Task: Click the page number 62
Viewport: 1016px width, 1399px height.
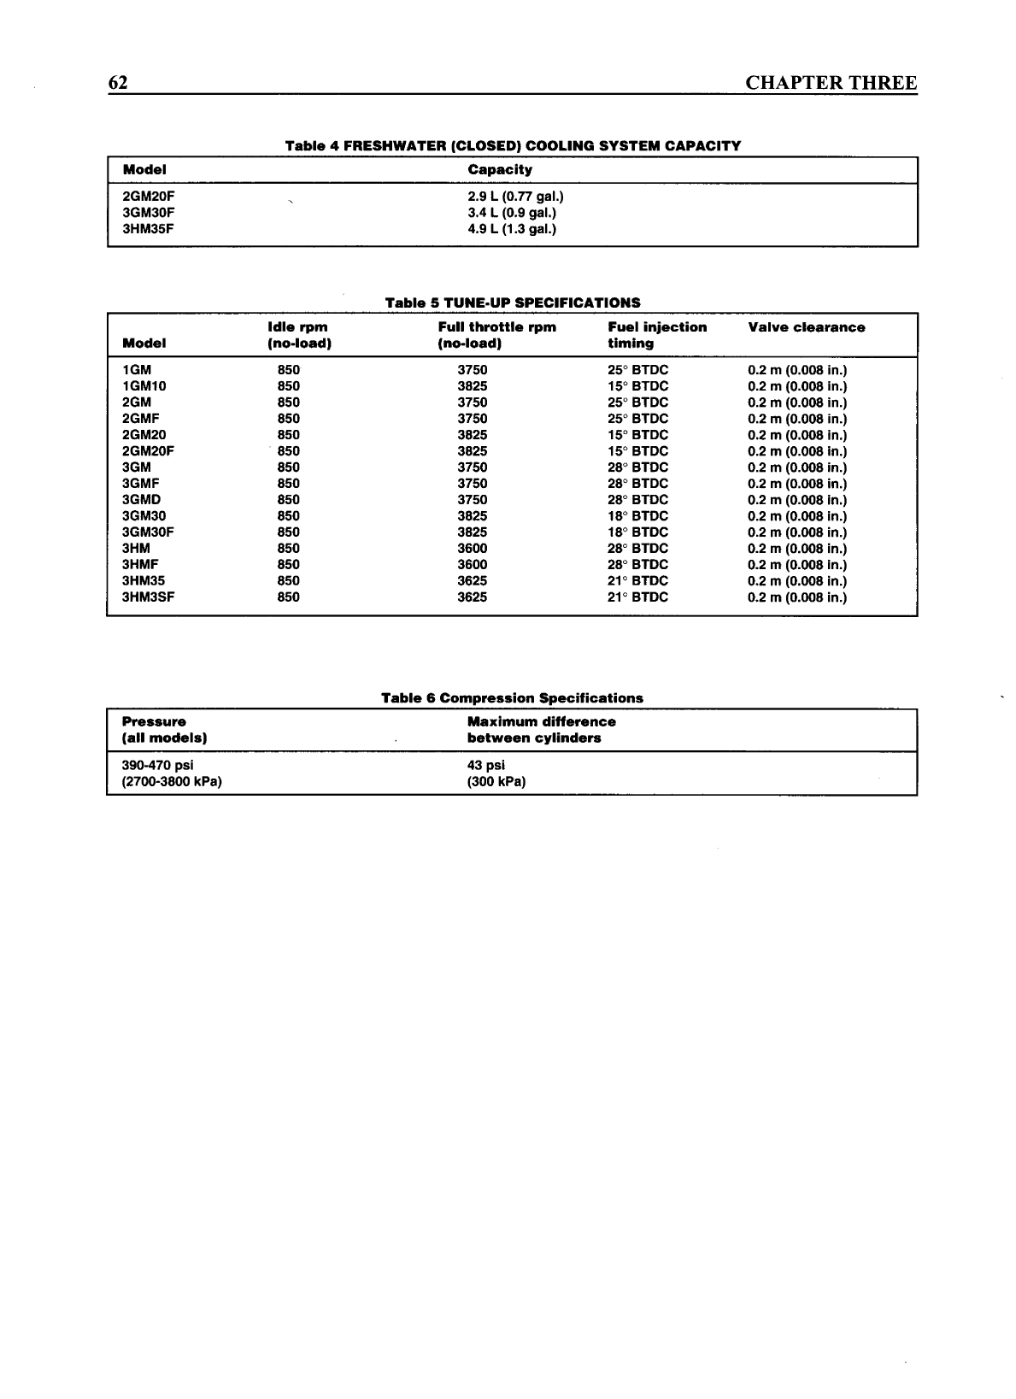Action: tap(118, 83)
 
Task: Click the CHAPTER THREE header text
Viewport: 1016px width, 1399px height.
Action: tap(831, 83)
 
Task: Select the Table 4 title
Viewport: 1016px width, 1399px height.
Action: tap(513, 145)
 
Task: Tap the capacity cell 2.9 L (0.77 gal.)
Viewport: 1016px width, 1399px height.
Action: tap(515, 197)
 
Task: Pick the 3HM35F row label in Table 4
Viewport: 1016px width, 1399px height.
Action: tap(149, 229)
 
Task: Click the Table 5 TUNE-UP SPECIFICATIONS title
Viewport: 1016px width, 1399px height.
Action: tap(513, 303)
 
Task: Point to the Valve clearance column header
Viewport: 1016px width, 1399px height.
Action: tap(806, 327)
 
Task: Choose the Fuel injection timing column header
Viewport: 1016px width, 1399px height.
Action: tap(656, 335)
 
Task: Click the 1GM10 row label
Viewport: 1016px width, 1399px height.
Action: tap(144, 386)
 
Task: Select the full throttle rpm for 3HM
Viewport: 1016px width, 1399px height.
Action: tap(472, 549)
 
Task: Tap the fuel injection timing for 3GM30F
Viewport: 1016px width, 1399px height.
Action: tap(637, 532)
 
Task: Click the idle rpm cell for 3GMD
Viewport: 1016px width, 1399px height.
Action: tap(288, 500)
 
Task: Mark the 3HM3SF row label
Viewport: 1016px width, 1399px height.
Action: tap(149, 597)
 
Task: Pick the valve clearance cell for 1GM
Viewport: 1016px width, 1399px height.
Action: tap(797, 370)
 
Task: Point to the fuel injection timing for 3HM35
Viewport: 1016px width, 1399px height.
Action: tap(637, 581)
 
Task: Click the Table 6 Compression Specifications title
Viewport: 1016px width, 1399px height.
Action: tap(512, 698)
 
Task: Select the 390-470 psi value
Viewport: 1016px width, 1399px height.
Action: tap(158, 766)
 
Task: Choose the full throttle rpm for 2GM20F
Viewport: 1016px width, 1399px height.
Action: tap(472, 451)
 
